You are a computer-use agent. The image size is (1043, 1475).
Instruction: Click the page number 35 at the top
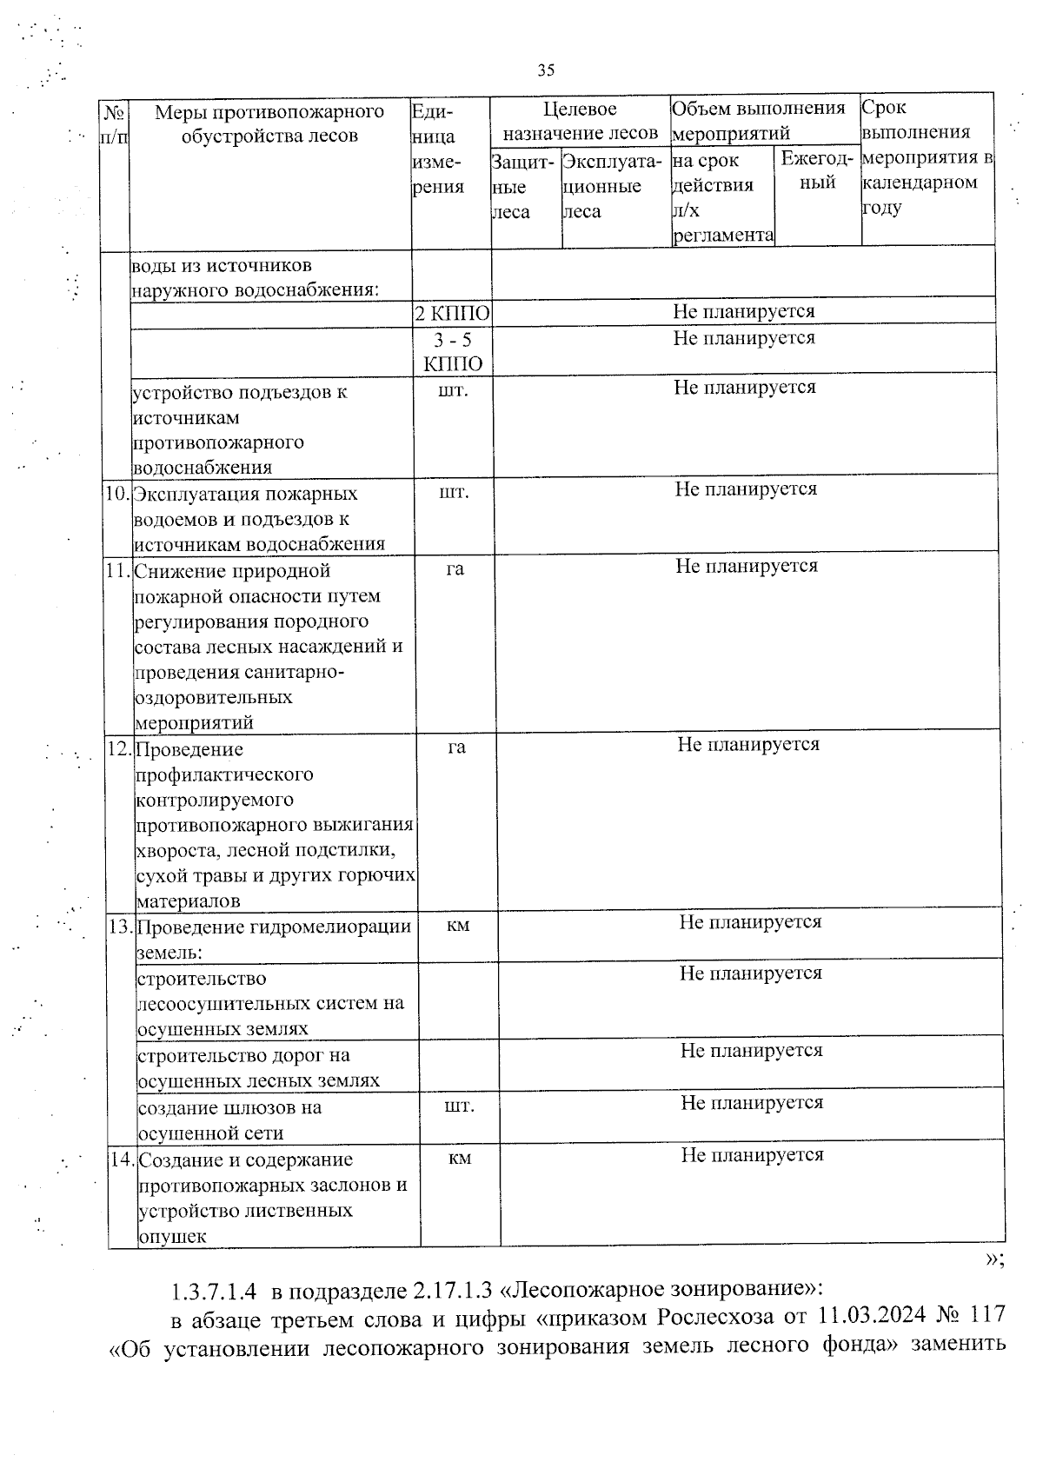click(x=546, y=70)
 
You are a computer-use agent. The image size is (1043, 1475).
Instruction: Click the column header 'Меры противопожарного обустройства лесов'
click(x=269, y=123)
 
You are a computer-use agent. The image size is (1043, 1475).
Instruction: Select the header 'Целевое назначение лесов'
click(x=580, y=121)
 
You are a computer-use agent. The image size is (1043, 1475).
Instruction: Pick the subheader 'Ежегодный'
click(x=817, y=170)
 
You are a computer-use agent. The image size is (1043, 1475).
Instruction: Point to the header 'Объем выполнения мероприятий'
click(x=758, y=120)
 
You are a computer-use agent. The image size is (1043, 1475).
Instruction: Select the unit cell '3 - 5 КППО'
click(x=453, y=351)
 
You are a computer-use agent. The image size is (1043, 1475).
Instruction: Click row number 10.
click(x=116, y=494)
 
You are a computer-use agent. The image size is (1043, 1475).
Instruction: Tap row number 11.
click(x=117, y=571)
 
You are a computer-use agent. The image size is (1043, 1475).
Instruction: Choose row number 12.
click(x=119, y=749)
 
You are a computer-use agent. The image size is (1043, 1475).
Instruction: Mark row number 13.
click(x=121, y=927)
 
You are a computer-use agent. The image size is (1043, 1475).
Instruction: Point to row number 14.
click(x=123, y=1159)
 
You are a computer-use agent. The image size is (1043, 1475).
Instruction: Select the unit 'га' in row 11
click(x=455, y=569)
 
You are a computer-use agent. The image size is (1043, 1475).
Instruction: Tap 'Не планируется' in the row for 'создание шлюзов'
click(x=752, y=1103)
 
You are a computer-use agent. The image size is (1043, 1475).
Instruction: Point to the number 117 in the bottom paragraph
click(x=987, y=1317)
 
